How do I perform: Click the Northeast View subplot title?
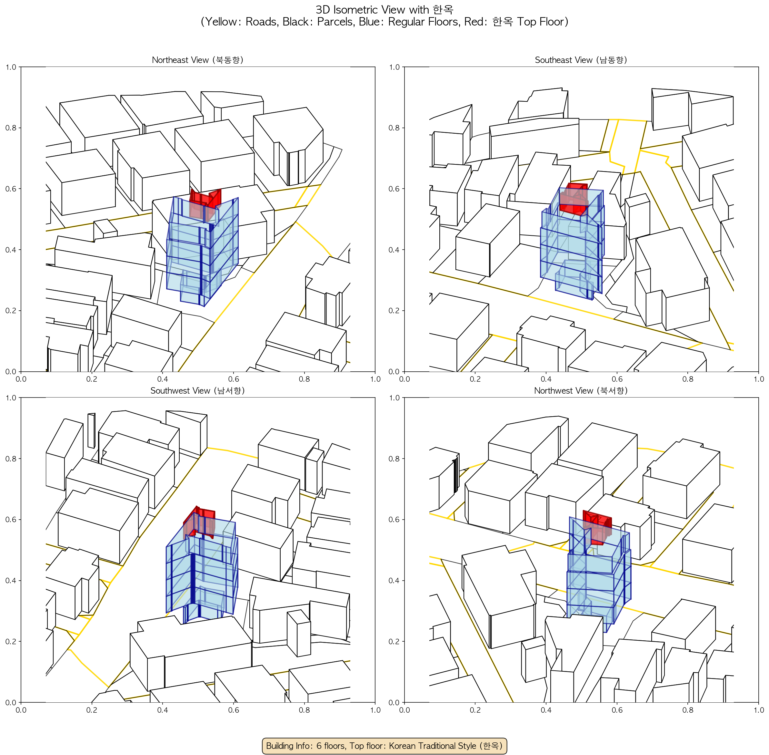point(197,60)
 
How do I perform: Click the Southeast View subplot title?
point(581,60)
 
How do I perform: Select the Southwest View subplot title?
point(197,391)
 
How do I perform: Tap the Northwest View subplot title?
point(581,391)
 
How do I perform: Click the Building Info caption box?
point(384,746)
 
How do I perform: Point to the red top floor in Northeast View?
point(205,203)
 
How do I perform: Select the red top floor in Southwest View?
point(199,522)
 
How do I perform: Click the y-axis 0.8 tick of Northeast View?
point(11,128)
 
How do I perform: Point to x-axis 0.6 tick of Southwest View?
point(233,710)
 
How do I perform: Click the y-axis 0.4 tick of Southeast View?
point(394,250)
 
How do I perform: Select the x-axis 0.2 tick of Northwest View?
point(475,710)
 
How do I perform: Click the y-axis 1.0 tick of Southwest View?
point(11,398)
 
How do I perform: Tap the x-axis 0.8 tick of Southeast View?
point(688,379)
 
